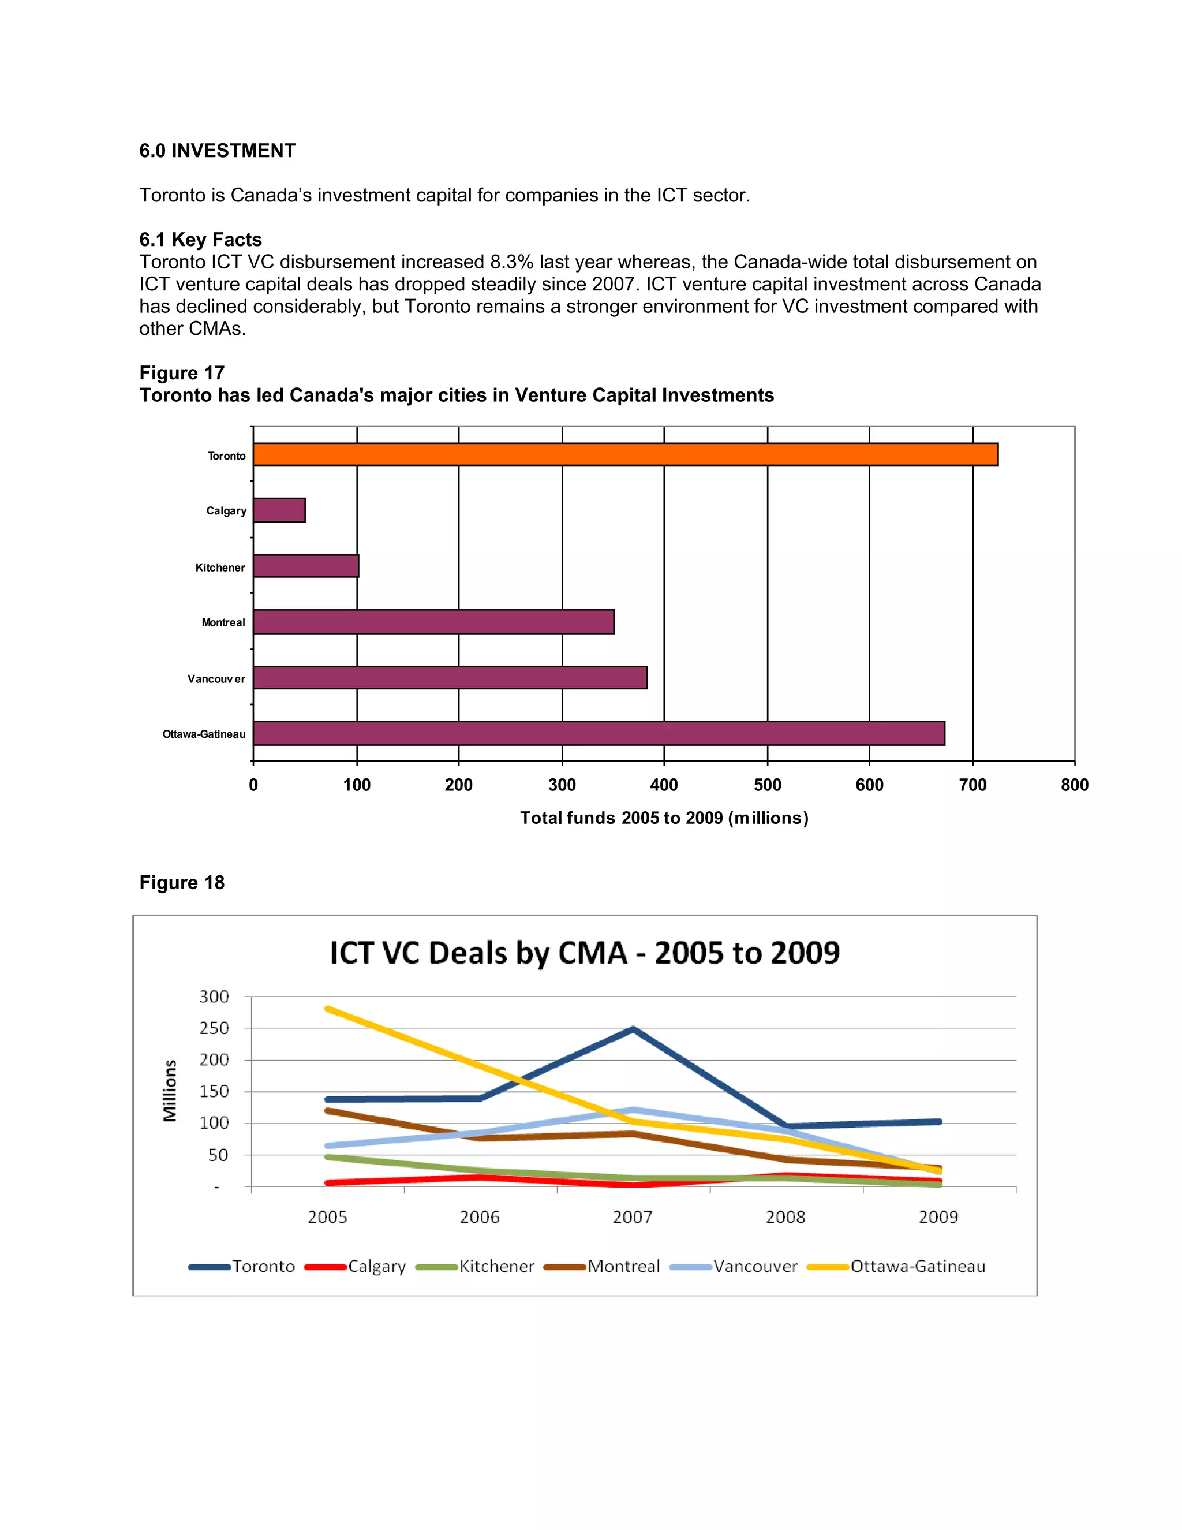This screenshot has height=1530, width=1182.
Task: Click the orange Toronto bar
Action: [x=625, y=454]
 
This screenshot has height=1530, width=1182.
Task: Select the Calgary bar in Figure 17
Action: [x=279, y=510]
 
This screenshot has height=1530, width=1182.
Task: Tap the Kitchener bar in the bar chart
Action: [x=306, y=566]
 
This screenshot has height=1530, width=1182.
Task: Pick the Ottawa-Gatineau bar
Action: [x=599, y=733]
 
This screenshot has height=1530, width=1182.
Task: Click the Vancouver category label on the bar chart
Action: [x=216, y=679]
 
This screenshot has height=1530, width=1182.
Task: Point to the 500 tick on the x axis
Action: [x=767, y=785]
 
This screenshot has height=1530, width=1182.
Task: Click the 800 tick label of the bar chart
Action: [x=1074, y=785]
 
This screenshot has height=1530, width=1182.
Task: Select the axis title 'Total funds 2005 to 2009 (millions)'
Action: [x=664, y=818]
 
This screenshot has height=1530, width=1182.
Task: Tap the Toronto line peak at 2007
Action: [x=633, y=1029]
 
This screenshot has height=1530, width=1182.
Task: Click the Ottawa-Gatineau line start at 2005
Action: [x=328, y=1009]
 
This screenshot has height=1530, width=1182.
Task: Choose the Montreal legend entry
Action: [x=602, y=1267]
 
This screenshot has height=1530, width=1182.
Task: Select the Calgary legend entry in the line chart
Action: [x=356, y=1267]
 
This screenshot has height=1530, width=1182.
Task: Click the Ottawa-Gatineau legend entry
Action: [x=896, y=1267]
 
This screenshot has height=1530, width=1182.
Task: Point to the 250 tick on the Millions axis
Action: [x=214, y=1028]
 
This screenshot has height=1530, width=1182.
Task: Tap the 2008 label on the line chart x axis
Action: [x=785, y=1217]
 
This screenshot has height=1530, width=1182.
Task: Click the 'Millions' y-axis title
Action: [x=170, y=1091]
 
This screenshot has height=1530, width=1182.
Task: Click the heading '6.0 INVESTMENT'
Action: [x=217, y=151]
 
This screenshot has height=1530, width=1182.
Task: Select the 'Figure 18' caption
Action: [x=182, y=882]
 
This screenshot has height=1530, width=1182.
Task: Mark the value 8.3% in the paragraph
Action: [x=511, y=262]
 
